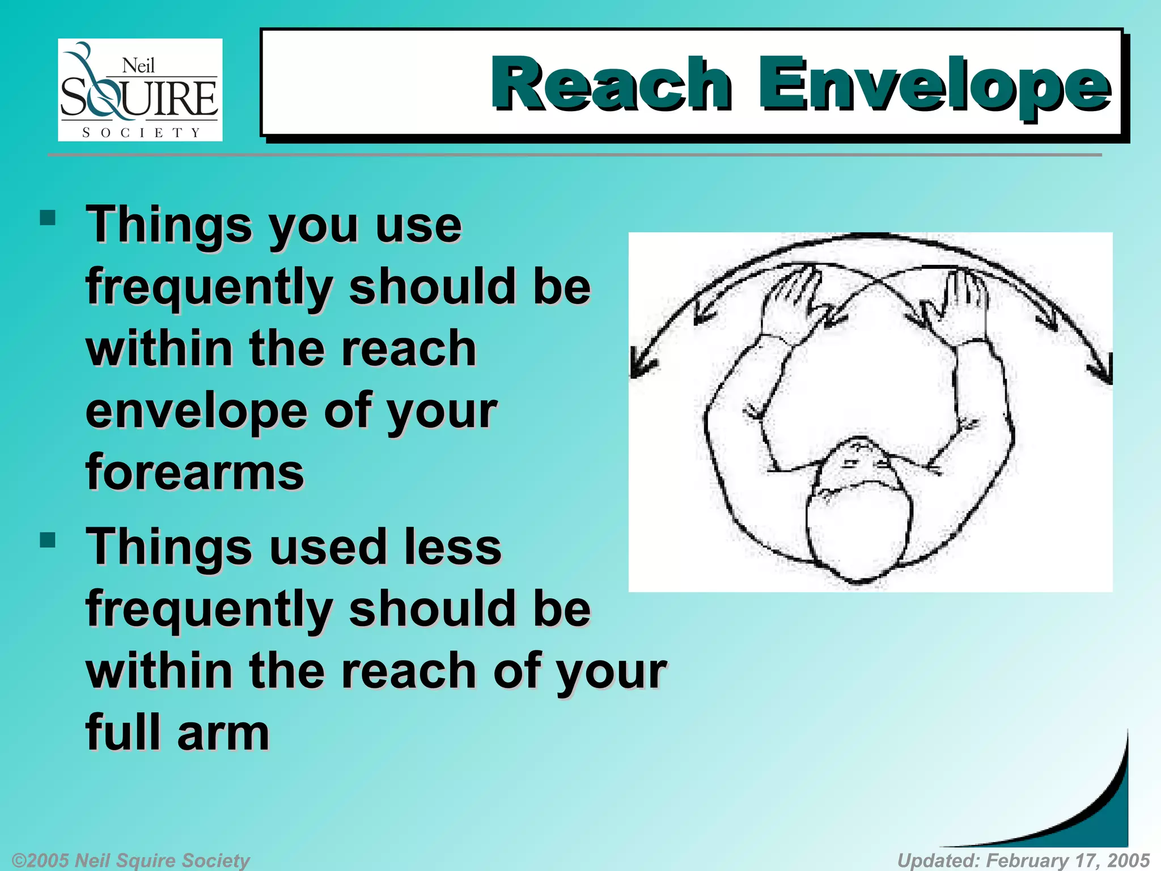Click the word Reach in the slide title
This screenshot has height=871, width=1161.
point(611,83)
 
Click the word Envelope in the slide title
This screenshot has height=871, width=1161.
point(934,85)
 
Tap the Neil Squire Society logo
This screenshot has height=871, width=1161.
point(139,90)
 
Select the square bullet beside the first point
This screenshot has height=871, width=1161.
point(48,218)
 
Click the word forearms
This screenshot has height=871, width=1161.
point(194,472)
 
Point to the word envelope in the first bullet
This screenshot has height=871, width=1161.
point(196,411)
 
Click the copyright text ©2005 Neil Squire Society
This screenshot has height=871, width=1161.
point(130,860)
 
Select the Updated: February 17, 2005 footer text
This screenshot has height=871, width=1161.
point(1023,860)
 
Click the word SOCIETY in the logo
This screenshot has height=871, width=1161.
point(141,133)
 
